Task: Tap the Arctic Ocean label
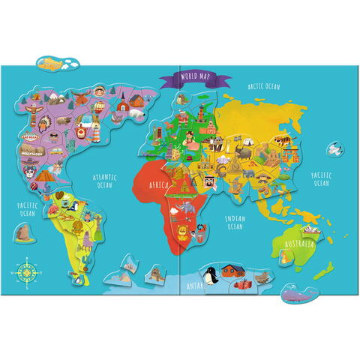[x=263, y=87]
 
